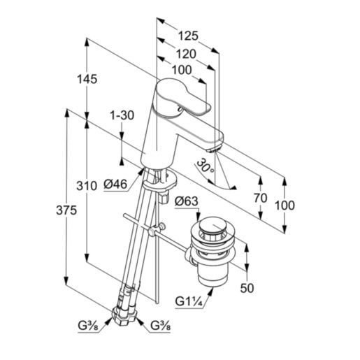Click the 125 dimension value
188,36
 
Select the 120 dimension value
186,54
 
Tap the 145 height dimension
87,79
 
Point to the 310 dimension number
87,186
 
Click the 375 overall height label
66,210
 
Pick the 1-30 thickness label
122,115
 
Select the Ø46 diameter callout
115,185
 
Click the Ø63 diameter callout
187,201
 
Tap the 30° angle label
205,166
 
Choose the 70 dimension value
261,199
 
